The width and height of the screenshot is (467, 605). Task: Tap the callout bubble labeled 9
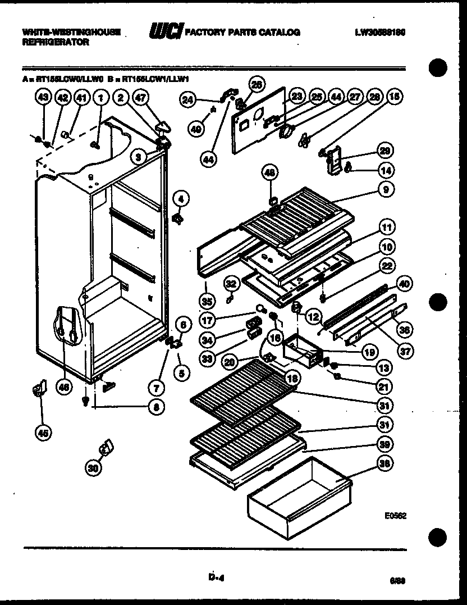pyautogui.click(x=385, y=190)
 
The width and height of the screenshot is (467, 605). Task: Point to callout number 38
pyautogui.click(x=385, y=464)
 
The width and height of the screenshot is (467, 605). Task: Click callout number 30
pyautogui.click(x=95, y=466)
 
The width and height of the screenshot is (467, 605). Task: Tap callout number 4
pyautogui.click(x=181, y=198)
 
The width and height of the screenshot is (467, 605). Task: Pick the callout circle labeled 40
pyautogui.click(x=402, y=282)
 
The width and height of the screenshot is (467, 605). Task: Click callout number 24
pyautogui.click(x=188, y=100)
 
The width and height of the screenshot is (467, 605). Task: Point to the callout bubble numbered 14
pyautogui.click(x=385, y=170)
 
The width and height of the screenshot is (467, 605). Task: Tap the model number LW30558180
pyautogui.click(x=380, y=32)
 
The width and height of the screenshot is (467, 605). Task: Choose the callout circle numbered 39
pyautogui.click(x=385, y=444)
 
